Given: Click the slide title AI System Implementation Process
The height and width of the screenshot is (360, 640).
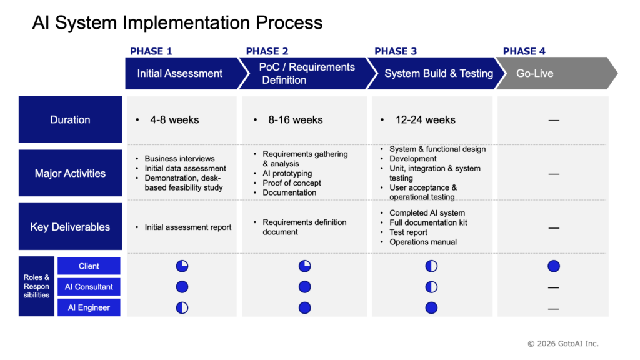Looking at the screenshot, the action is (177, 23).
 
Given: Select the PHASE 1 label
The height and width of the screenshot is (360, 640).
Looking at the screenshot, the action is (151, 51).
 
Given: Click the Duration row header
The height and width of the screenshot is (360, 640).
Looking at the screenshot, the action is (70, 119).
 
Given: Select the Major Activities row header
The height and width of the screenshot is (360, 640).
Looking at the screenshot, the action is (70, 173).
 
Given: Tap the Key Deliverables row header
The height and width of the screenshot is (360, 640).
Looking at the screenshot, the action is (70, 226).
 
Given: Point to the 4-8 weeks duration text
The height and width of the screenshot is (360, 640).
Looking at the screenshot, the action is (175, 119).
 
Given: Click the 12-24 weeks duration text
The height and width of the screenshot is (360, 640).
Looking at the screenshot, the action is (425, 119).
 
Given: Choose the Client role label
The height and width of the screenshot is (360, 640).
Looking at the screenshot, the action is (89, 266).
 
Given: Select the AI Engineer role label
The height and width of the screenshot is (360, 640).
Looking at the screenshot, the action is (89, 307).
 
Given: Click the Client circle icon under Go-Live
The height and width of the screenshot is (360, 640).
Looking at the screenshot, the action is (554, 266).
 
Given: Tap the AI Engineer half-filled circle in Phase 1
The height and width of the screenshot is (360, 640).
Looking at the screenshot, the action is (182, 307).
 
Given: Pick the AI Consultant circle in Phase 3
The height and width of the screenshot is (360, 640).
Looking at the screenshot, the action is (431, 287).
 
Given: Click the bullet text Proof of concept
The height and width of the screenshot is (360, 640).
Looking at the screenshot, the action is (292, 183).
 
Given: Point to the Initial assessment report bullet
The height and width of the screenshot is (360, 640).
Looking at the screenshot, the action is (187, 227).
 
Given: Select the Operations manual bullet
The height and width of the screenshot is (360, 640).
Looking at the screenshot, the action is (423, 242).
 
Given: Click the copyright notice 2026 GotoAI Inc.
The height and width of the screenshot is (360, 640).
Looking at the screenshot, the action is (563, 344).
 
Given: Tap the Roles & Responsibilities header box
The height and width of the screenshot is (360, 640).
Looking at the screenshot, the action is (36, 286).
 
